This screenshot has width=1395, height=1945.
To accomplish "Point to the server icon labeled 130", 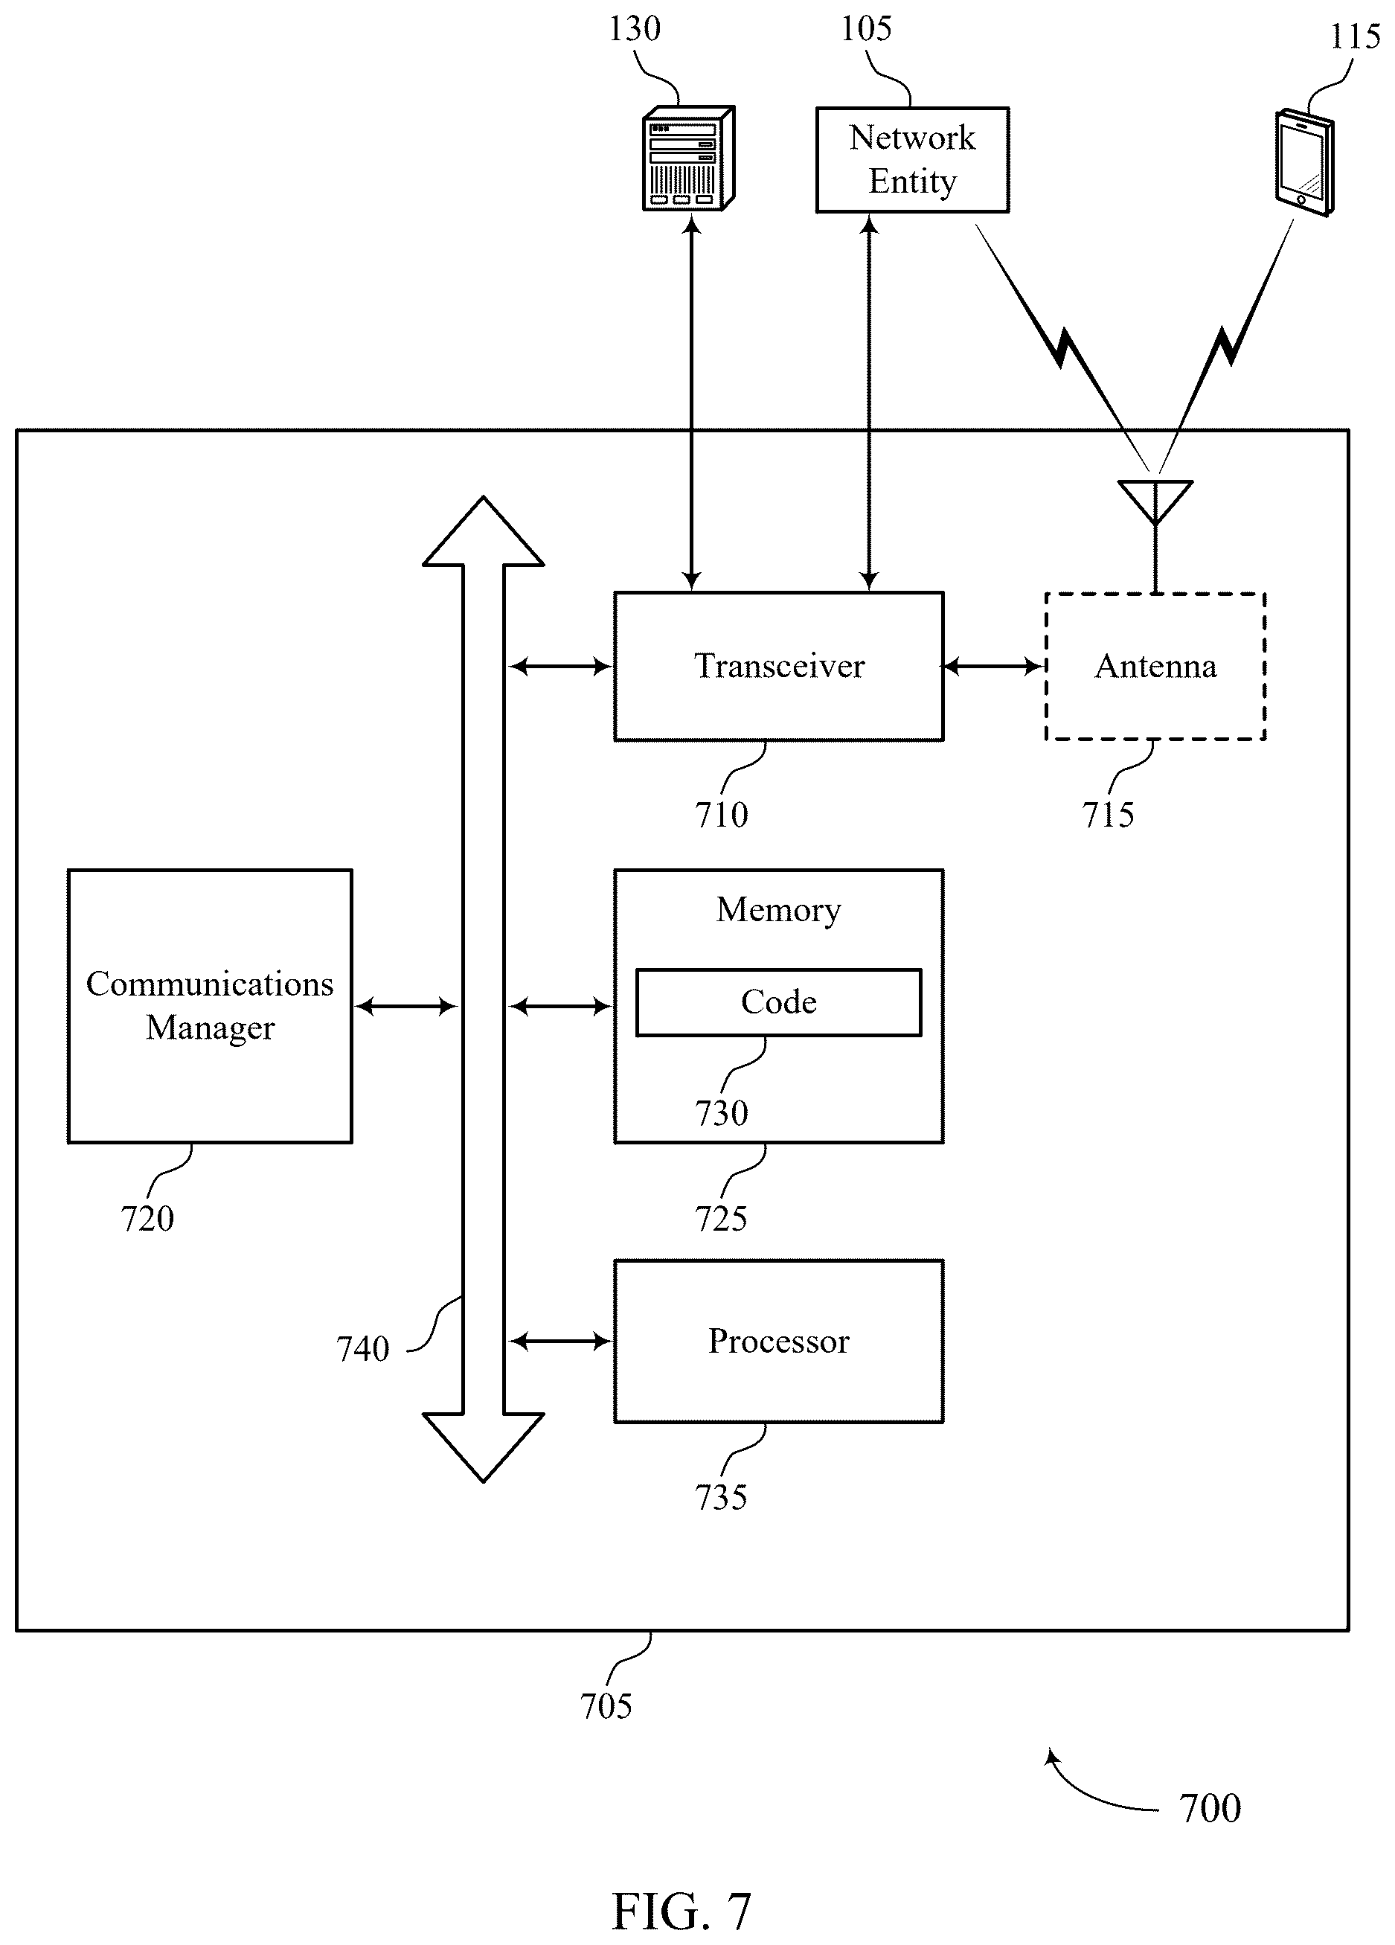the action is [688, 158].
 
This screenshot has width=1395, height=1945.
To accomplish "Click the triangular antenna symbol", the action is [1155, 502].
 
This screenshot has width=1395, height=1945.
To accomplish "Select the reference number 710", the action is [721, 815].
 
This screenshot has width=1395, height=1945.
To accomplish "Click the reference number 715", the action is [1108, 815].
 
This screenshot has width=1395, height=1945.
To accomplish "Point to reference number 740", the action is [362, 1349].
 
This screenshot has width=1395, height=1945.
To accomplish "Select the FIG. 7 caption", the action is [682, 1911].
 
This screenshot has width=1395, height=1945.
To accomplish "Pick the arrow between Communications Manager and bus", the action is [405, 1006].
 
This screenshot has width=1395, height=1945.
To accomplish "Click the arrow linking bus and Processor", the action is [561, 1342].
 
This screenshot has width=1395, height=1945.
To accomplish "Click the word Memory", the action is [778, 910].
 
